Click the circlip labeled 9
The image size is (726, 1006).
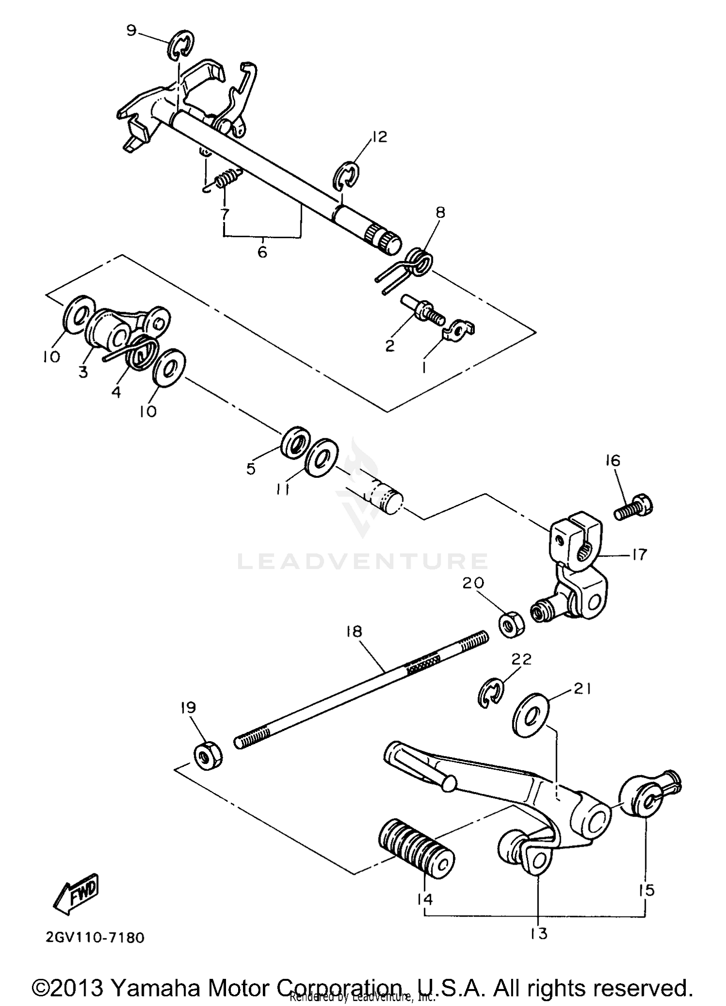tap(181, 46)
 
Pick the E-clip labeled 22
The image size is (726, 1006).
tap(490, 696)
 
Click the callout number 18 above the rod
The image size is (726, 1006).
tap(354, 631)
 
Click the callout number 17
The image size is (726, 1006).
tap(639, 554)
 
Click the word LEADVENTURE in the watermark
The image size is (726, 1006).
tap(362, 561)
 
